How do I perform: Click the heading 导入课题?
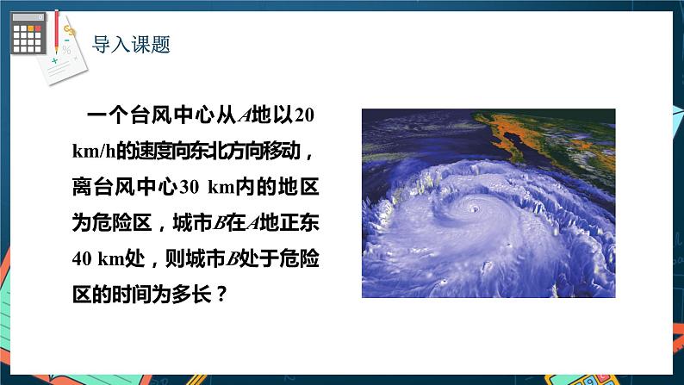[x=131, y=43]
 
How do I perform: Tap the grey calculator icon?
[x=28, y=34]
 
